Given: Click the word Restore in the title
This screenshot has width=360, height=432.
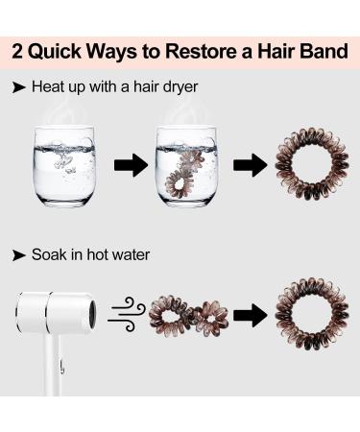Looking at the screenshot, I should tap(203, 51).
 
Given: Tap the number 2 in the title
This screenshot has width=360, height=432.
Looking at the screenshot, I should tap(20, 51).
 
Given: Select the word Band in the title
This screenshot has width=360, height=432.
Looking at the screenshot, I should tap(321, 51).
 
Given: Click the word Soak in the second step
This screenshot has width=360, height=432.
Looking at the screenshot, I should tap(50, 255).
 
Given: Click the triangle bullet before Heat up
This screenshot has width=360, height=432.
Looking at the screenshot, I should tap(18, 86).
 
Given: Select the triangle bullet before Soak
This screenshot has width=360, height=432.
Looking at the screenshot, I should tap(18, 255).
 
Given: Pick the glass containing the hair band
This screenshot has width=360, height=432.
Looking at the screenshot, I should tap(191, 163).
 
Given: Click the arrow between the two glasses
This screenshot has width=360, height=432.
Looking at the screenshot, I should tap(131, 165).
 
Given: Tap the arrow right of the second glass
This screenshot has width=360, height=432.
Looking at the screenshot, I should tap(249, 165).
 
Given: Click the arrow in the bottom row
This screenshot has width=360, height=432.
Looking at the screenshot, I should tap(249, 314).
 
